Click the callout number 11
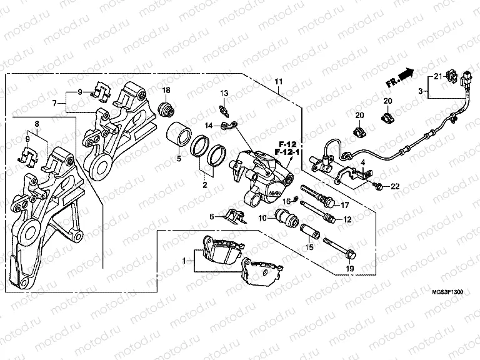point(278,82)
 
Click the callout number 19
point(350,269)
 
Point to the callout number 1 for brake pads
point(184,259)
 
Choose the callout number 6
point(212,216)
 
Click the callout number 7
point(55,102)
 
